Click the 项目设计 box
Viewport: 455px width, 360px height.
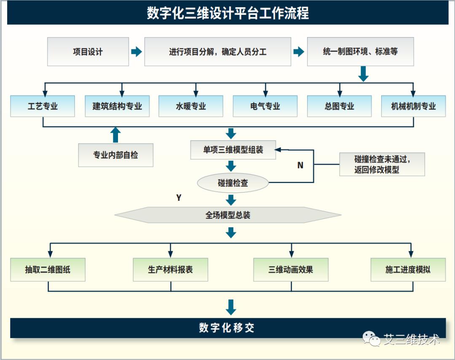(x=88, y=52)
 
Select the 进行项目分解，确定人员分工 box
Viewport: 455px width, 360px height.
(x=217, y=52)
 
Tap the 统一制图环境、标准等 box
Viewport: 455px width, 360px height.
(x=360, y=52)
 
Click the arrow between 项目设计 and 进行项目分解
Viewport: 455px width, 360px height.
(x=136, y=52)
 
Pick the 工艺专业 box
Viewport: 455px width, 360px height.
(x=43, y=106)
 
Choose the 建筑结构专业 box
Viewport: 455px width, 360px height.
(x=117, y=106)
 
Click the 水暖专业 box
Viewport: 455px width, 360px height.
(x=191, y=106)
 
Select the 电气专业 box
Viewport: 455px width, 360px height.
(x=265, y=106)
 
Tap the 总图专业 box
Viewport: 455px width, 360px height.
(x=339, y=106)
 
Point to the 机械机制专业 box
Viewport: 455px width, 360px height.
(x=413, y=106)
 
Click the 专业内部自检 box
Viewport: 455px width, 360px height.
(x=115, y=155)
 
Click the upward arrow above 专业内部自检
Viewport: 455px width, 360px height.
(x=115, y=135)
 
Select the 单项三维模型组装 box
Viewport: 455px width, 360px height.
(x=233, y=150)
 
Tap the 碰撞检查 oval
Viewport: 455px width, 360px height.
(x=233, y=183)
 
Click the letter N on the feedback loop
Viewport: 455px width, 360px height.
(x=300, y=165)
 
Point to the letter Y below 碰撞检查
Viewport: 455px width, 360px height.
(x=179, y=198)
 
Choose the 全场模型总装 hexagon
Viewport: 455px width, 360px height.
(x=228, y=215)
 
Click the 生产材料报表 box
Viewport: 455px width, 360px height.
(x=170, y=269)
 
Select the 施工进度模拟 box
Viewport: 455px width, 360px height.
(x=408, y=269)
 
